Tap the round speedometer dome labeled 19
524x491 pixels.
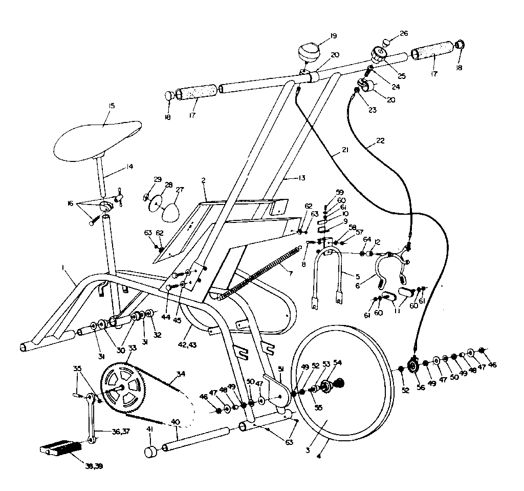click(309, 52)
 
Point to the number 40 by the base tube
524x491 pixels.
click(176, 422)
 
